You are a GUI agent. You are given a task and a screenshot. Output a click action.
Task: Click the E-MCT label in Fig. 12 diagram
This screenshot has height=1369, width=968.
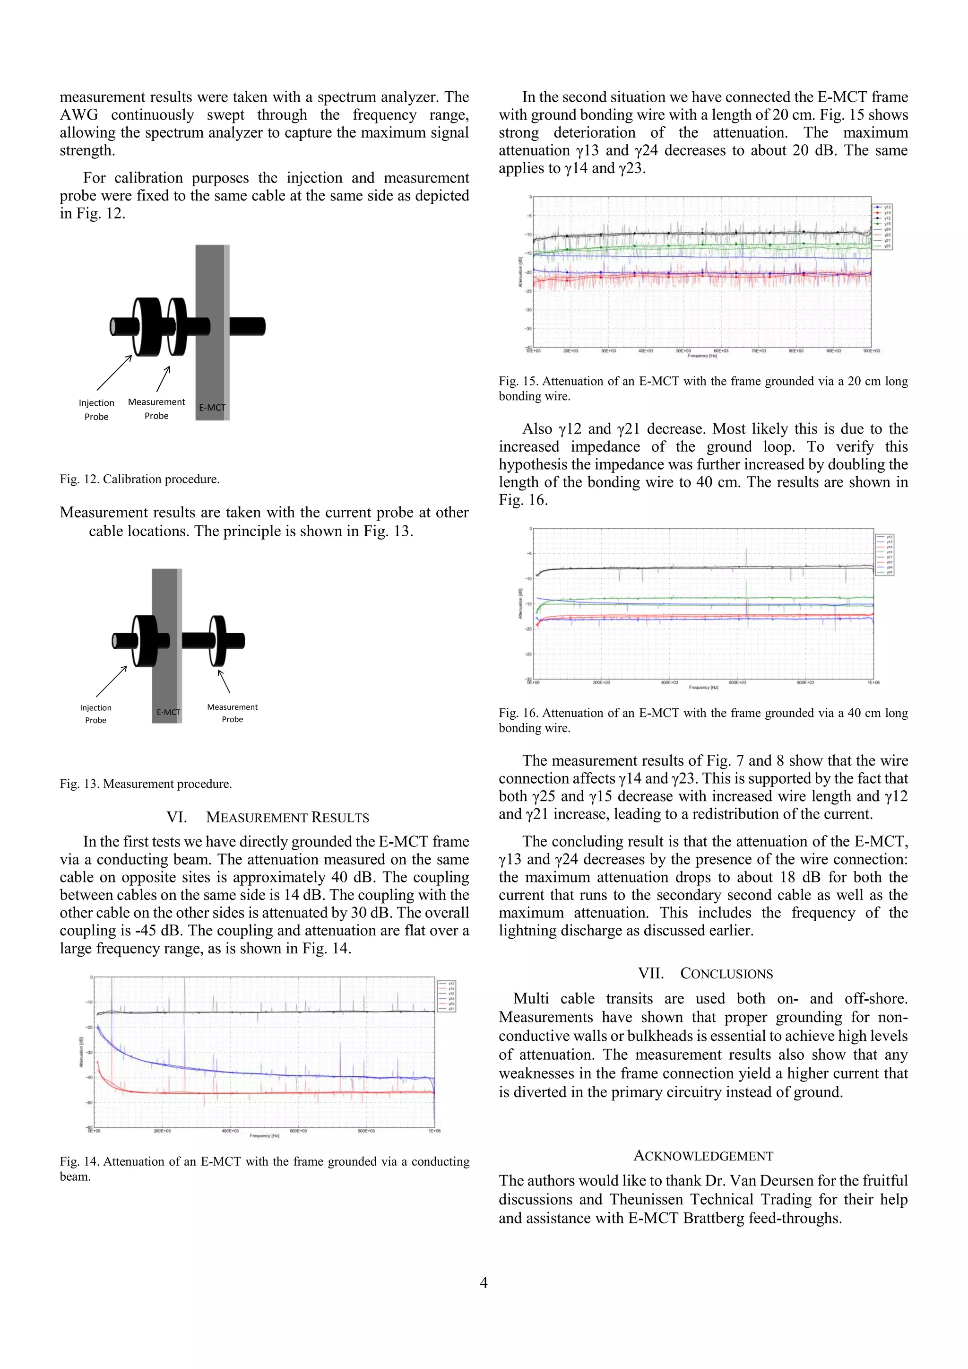(x=212, y=408)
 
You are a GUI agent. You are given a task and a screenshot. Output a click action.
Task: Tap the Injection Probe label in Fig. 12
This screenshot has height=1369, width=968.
(x=96, y=410)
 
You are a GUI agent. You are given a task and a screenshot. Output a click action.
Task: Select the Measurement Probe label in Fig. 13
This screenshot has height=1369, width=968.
(x=232, y=713)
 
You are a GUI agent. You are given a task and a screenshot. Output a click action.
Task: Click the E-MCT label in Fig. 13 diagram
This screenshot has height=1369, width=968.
(x=168, y=713)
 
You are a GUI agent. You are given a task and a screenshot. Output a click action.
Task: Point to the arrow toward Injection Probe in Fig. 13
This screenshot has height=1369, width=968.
(x=112, y=681)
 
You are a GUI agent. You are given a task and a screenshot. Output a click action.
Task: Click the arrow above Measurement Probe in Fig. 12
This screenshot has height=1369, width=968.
(x=164, y=379)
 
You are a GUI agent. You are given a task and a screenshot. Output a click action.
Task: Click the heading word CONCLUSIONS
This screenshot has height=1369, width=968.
(x=726, y=974)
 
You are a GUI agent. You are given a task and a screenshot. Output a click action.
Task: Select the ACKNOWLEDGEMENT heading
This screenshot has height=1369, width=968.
(x=703, y=1156)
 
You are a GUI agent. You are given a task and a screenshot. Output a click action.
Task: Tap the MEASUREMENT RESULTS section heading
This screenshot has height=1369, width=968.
(x=287, y=818)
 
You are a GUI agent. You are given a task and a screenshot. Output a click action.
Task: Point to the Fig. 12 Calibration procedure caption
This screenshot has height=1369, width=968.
(x=139, y=480)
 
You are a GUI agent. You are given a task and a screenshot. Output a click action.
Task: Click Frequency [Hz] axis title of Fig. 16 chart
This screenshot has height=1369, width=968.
(x=703, y=688)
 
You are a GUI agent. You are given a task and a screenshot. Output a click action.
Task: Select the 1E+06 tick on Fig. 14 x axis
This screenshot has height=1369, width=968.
(x=434, y=1131)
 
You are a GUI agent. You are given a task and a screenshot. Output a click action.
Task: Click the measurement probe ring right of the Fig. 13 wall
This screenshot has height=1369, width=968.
(x=217, y=641)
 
